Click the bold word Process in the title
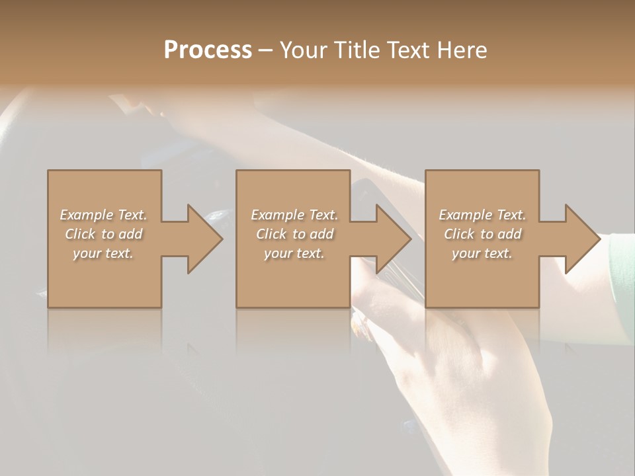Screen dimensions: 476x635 [208, 50]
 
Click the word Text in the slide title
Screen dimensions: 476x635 [407, 50]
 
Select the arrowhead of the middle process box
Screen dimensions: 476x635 [392, 239]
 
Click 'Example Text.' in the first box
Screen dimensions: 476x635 [103, 215]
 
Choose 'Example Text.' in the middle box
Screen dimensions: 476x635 [294, 215]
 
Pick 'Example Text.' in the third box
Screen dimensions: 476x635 [482, 215]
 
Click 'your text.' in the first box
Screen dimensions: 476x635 [103, 253]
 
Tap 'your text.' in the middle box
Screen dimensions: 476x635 [294, 253]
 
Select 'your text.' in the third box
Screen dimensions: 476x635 [482, 253]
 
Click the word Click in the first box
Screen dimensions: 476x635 [80, 234]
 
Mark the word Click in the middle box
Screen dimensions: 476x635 [271, 234]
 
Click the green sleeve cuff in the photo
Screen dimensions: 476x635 [622, 278]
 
